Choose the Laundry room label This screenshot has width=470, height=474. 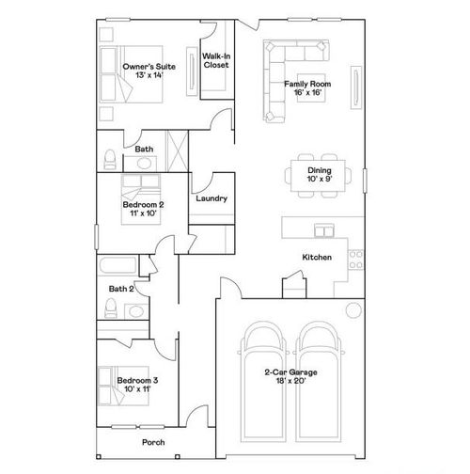(x=211, y=199)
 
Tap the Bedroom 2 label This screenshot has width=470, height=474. (x=143, y=209)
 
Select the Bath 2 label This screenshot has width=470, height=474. (x=121, y=289)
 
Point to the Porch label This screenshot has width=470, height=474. (x=153, y=442)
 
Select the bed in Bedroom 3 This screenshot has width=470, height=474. (x=113, y=387)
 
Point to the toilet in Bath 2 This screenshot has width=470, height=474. (x=111, y=308)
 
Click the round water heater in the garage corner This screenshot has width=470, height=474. (x=352, y=310)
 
